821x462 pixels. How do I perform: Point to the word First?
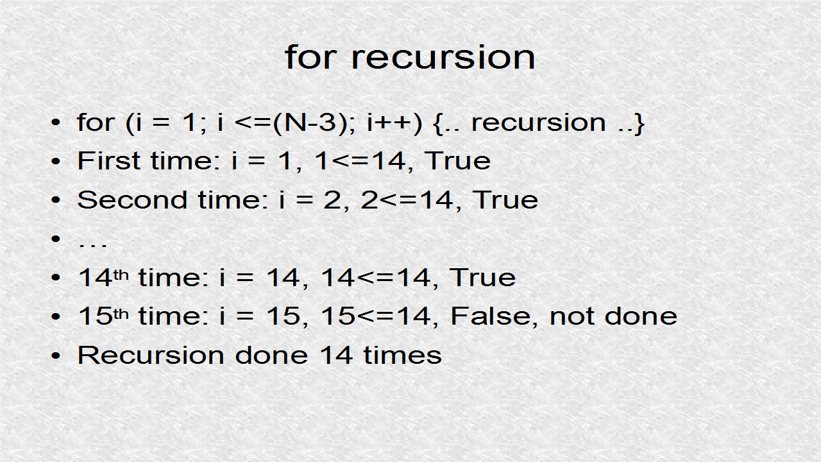[x=110, y=160]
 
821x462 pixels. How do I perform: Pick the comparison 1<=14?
[x=360, y=161]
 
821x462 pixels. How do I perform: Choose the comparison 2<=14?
[x=408, y=200]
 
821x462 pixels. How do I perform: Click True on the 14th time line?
[x=482, y=277]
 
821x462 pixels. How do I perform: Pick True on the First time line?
[x=458, y=161]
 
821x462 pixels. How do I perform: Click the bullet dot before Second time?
[x=56, y=200]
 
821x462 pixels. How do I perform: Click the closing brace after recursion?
[x=639, y=123]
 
